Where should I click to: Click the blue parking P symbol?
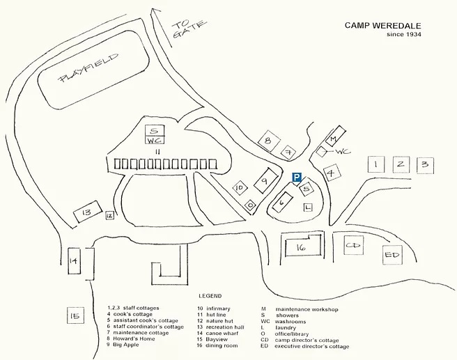(296, 178)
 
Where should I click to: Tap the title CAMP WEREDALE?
(384, 26)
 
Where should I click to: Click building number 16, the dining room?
(301, 247)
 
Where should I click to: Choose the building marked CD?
(354, 246)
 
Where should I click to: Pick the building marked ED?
(393, 256)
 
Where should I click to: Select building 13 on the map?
(87, 212)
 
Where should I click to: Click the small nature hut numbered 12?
(109, 216)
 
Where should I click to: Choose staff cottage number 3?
(425, 165)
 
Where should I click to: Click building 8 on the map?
(267, 141)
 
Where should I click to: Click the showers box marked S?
(156, 130)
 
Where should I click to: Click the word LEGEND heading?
(210, 296)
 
